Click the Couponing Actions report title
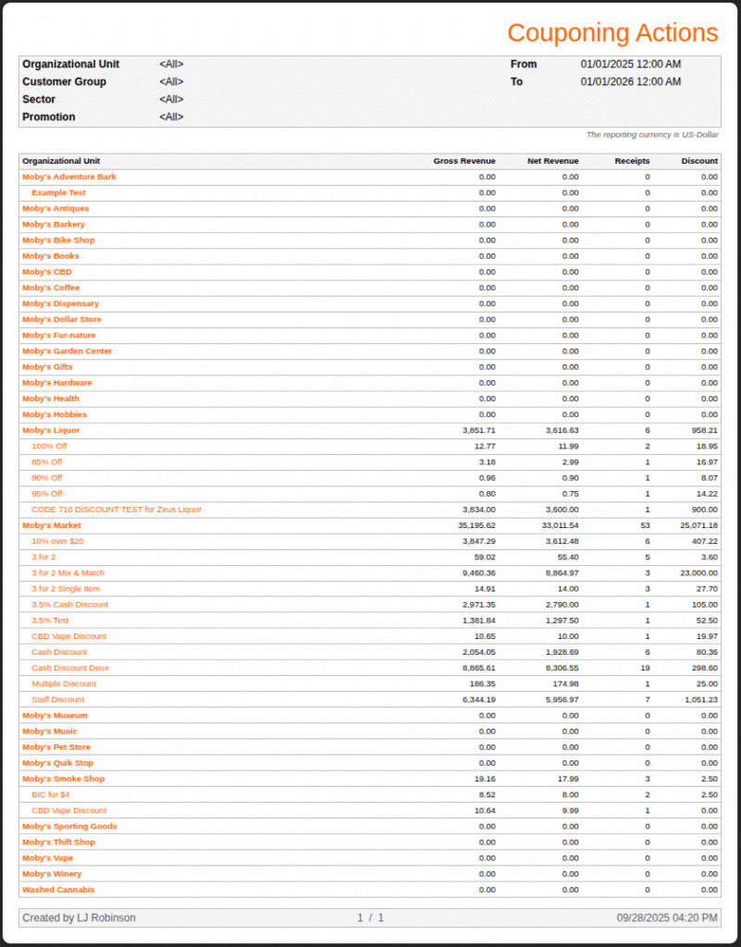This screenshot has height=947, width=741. (x=611, y=33)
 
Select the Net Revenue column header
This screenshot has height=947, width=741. (x=552, y=161)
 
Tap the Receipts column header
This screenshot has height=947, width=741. (x=632, y=161)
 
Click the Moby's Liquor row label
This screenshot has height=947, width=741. (x=51, y=430)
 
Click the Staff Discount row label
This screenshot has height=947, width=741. (x=57, y=699)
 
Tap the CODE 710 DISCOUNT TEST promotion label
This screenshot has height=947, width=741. (x=117, y=510)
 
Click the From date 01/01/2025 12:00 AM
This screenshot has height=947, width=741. (x=631, y=64)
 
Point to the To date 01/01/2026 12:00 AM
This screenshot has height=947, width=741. (x=631, y=81)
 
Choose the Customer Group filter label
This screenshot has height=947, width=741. (x=64, y=81)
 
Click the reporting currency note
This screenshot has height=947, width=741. (x=652, y=135)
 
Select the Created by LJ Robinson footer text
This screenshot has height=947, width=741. (x=79, y=917)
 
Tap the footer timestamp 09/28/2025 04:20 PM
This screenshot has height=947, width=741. (x=667, y=917)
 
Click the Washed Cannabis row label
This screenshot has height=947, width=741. (x=58, y=890)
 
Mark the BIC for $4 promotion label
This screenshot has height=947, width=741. (x=51, y=794)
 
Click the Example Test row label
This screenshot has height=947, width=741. (x=58, y=192)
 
